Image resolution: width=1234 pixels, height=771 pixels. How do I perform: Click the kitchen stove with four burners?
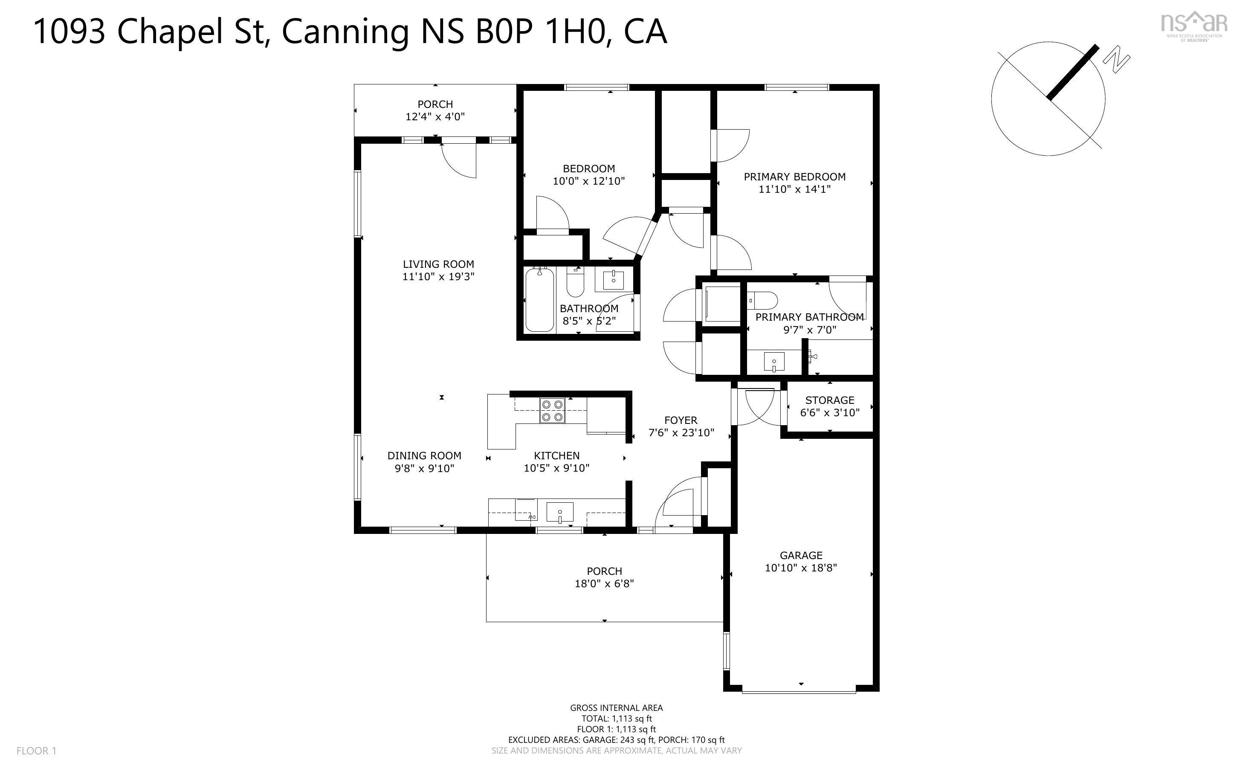coord(553,411)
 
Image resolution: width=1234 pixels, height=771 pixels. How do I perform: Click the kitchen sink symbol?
coord(560,512)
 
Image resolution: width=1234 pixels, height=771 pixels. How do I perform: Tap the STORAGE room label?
coord(829,400)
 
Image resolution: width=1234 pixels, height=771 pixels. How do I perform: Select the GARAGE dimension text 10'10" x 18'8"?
coord(801,568)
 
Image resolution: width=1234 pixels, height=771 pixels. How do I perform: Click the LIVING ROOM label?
coord(438,264)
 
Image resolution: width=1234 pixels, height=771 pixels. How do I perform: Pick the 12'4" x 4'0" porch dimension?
coord(435,117)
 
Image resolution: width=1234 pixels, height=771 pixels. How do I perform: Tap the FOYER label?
coord(681,420)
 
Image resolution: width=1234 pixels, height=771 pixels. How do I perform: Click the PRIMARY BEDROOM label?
coord(794,177)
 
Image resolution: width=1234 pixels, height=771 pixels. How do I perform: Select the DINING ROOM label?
coord(424,456)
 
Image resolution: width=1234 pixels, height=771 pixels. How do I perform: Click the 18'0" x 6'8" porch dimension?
coord(604,583)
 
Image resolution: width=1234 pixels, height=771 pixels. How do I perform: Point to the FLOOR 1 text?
coord(36,751)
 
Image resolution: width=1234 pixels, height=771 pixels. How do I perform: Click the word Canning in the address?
coord(345,32)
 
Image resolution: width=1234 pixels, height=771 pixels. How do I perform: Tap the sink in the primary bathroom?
coord(774,362)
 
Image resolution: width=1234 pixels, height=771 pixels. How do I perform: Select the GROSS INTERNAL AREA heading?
coord(616,708)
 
